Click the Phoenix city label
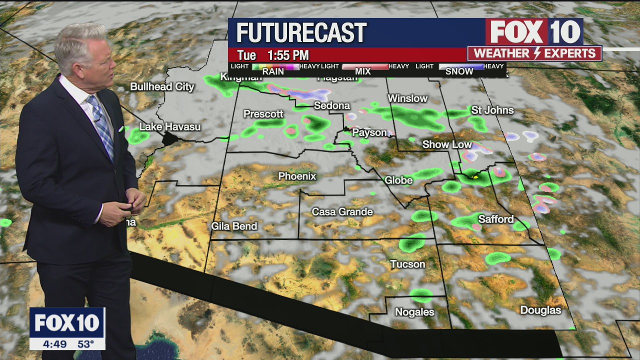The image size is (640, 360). (x=297, y=176)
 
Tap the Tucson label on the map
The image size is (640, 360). (x=407, y=264)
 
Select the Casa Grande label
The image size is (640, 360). (x=342, y=212)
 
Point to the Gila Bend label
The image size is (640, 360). (x=234, y=226)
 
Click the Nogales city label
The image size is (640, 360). (x=414, y=312)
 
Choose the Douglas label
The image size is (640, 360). (x=540, y=310)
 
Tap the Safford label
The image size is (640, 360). (x=495, y=219)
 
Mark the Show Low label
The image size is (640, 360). (x=447, y=144)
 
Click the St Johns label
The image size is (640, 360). (x=492, y=110)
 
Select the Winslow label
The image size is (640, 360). (x=407, y=98)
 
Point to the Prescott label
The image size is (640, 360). (x=263, y=114)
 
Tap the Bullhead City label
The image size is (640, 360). (x=162, y=86)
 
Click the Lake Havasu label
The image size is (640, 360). (x=169, y=126)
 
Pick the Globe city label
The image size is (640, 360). (x=398, y=180)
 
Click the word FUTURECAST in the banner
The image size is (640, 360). (x=301, y=33)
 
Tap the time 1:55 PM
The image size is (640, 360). (x=287, y=55)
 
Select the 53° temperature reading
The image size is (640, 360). (x=85, y=344)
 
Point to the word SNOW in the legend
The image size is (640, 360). (x=459, y=71)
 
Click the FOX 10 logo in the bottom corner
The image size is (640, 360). (x=67, y=323)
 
